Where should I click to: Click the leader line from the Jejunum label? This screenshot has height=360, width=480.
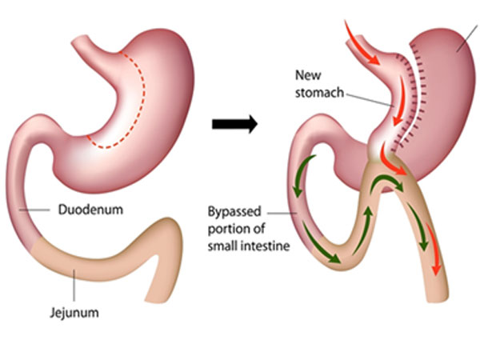(x=74, y=282)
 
